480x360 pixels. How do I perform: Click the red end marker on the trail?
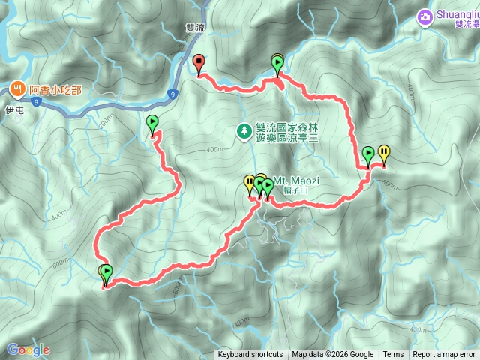click(199, 63)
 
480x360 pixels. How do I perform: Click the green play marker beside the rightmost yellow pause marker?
click(368, 155)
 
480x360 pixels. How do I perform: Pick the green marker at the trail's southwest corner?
click(106, 273)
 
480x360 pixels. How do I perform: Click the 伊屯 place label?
click(15, 109)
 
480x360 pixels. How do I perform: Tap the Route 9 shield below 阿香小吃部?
click(172, 94)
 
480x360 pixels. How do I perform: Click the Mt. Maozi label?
click(292, 181)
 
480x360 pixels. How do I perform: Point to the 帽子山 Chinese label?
click(297, 190)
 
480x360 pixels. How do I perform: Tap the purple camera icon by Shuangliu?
click(425, 15)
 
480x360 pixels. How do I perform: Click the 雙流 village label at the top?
click(194, 27)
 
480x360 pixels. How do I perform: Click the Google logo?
click(28, 349)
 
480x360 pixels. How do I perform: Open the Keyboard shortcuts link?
click(250, 355)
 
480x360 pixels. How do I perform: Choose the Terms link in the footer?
click(393, 355)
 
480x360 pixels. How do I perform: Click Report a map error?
click(444, 355)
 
